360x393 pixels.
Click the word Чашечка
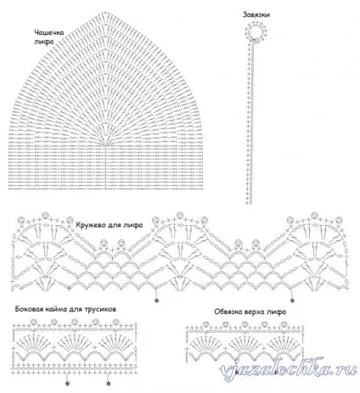coord(49,32)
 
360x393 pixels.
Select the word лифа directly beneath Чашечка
coord(43,42)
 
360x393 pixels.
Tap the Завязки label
coord(256,15)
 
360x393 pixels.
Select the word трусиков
coord(100,310)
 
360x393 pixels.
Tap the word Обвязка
coord(227,312)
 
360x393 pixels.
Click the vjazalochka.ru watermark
coord(288,369)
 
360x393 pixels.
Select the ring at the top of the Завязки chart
coord(256,31)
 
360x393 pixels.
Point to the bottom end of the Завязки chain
coord(249,203)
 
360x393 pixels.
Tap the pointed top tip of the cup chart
coord(105,13)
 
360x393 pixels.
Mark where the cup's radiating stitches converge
coord(105,145)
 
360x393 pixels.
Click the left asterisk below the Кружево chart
coord(156,300)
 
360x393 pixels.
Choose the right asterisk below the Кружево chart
coord(292,300)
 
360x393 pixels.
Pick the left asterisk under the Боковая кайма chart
coord(67,384)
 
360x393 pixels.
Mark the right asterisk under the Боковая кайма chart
coord(108,384)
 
